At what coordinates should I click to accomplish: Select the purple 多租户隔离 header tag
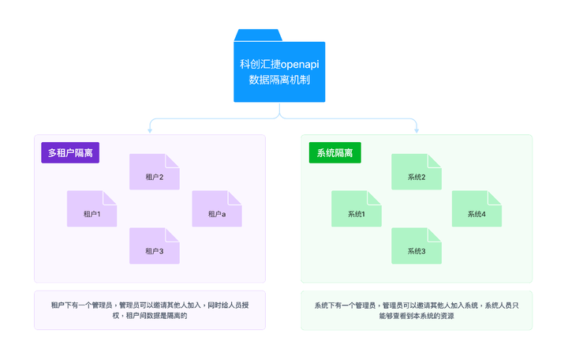pos(70,153)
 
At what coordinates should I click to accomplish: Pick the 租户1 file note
pos(92,210)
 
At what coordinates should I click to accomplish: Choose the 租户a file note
pos(217,210)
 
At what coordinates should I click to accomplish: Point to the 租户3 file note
pos(155,247)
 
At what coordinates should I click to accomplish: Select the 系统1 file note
pos(356,210)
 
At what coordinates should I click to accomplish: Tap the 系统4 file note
pos(476,210)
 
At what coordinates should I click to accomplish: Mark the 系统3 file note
pos(417,247)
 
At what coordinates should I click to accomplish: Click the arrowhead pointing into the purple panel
pos(150,130)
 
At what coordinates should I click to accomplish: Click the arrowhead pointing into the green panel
pos(417,130)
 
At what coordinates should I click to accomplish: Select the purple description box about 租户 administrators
pos(150,310)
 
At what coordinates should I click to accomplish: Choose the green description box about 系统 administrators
pos(417,310)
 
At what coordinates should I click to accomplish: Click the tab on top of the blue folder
pos(258,35)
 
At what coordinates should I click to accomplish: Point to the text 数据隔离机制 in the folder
pos(279,80)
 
